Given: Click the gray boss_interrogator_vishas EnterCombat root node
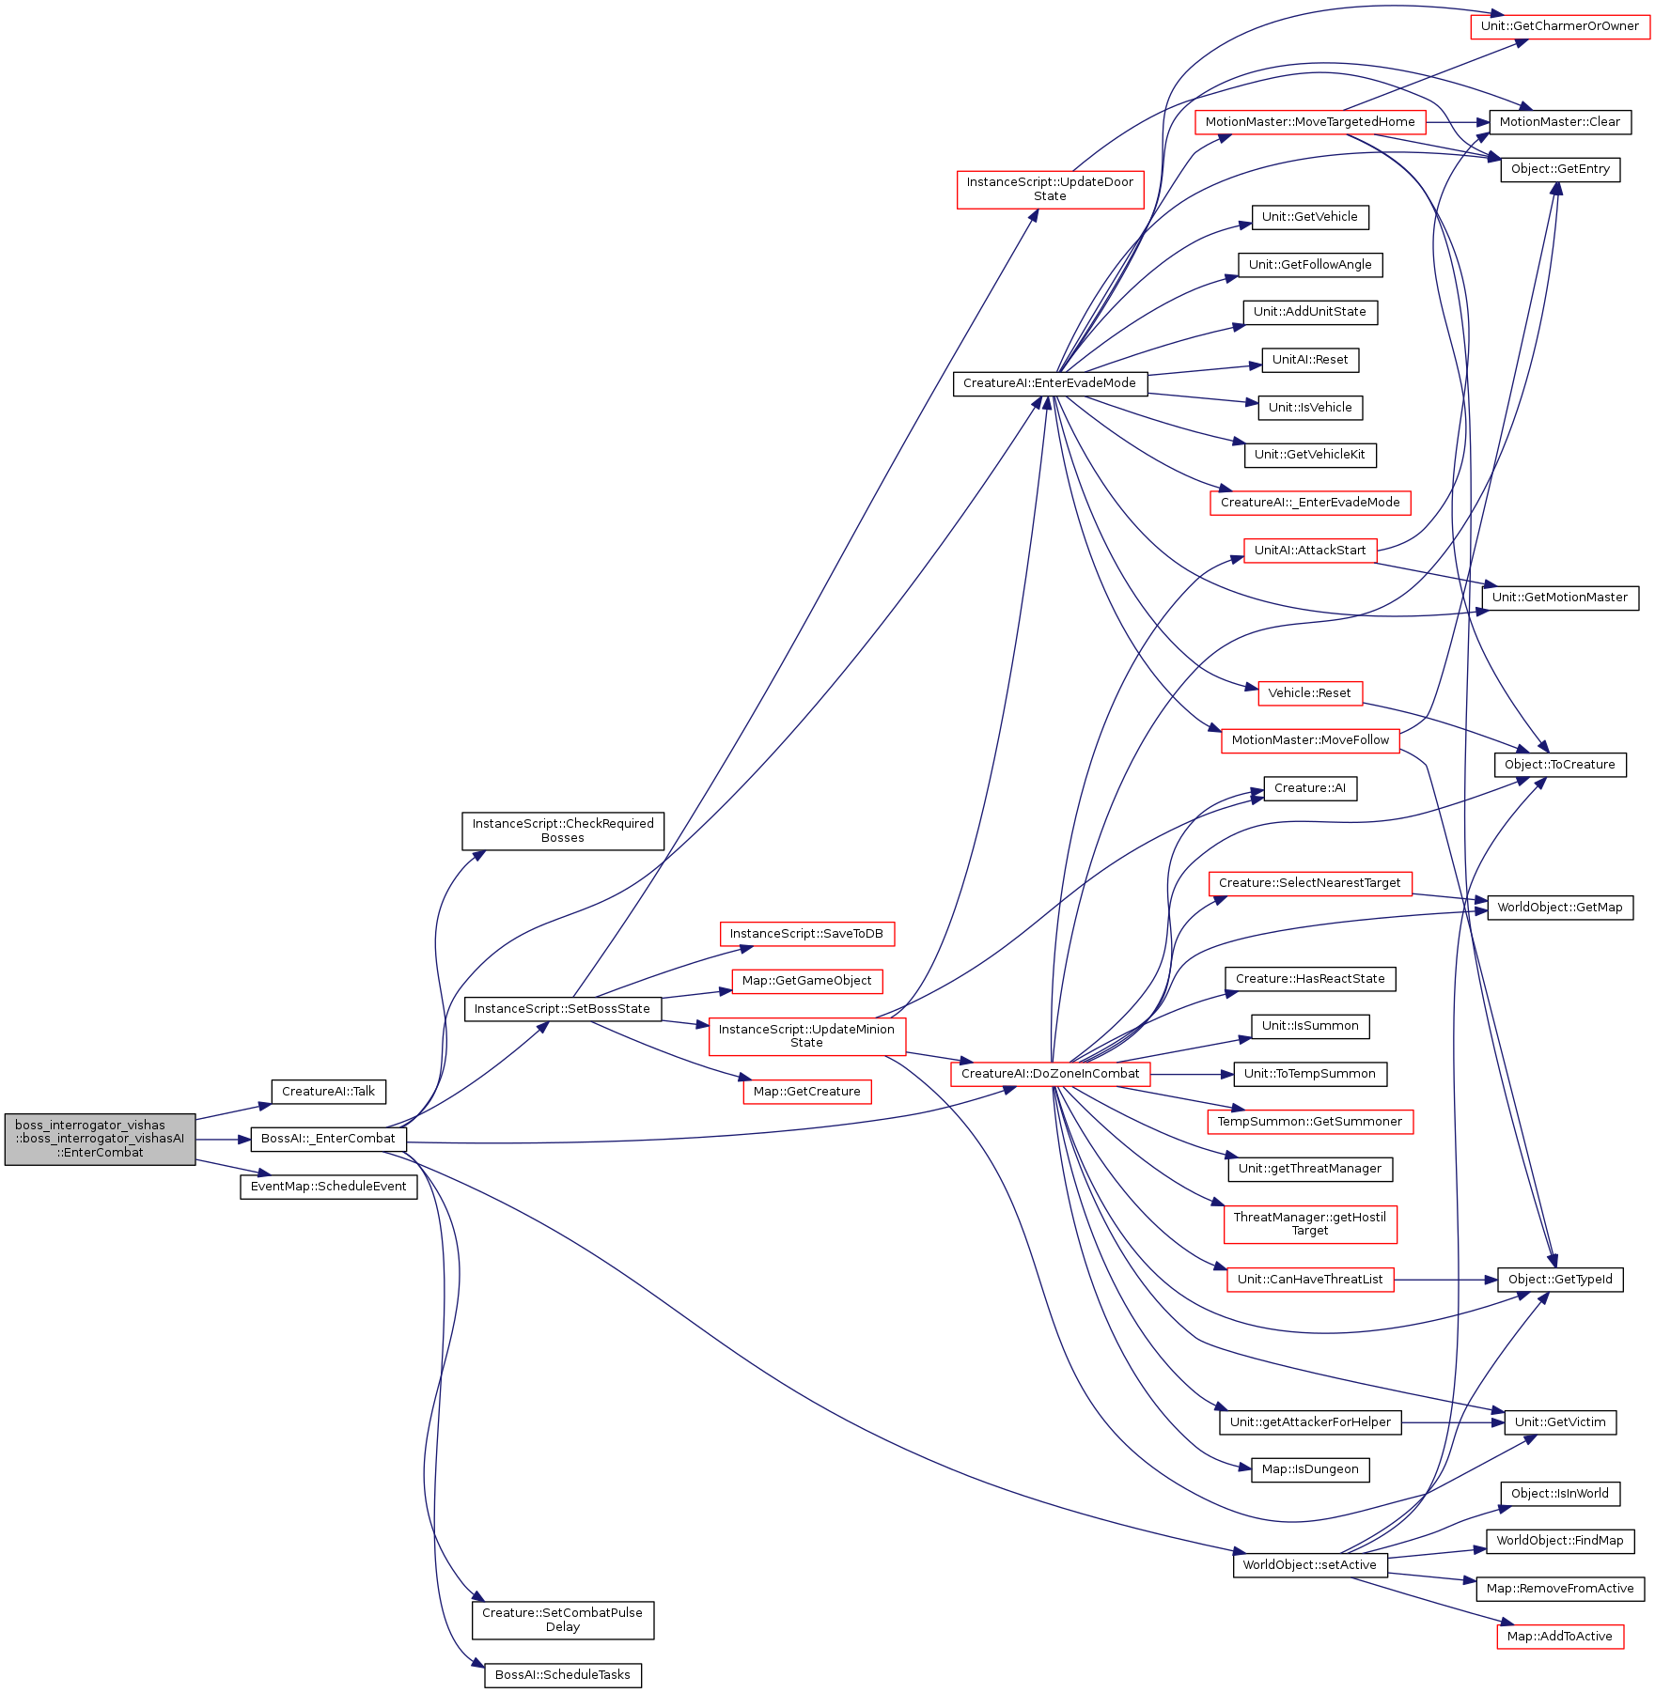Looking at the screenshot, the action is coord(100,1139).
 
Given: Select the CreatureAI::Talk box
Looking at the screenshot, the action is coord(328,1092).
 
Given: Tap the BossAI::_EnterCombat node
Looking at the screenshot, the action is coord(328,1139).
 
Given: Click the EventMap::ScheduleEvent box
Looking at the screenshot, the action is coord(328,1187).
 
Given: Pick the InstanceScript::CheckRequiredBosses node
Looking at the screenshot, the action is coord(563,831).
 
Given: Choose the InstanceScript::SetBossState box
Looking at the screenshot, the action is coord(562,1009).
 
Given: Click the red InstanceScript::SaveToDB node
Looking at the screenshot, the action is coord(806,934).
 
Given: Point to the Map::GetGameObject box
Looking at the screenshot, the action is coord(806,981).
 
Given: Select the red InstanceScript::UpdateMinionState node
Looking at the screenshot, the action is coord(806,1036).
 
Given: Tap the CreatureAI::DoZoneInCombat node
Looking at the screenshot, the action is coord(1050,1074).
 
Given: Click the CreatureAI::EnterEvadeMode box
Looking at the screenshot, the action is coord(1050,383).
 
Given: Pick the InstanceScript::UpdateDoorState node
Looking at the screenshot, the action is coord(1050,189).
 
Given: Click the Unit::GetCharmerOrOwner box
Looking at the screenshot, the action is coord(1559,26).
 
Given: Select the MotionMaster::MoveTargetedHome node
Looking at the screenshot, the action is coord(1310,122).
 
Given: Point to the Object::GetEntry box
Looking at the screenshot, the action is coord(1560,169).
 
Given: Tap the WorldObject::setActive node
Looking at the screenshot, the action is coord(1309,1565).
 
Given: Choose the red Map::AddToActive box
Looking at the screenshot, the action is coord(1559,1637).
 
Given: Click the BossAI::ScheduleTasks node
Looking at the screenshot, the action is coord(563,1675).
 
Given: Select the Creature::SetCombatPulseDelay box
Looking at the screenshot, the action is coord(563,1620).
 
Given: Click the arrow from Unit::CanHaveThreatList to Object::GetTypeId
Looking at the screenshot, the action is coord(1445,1280).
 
